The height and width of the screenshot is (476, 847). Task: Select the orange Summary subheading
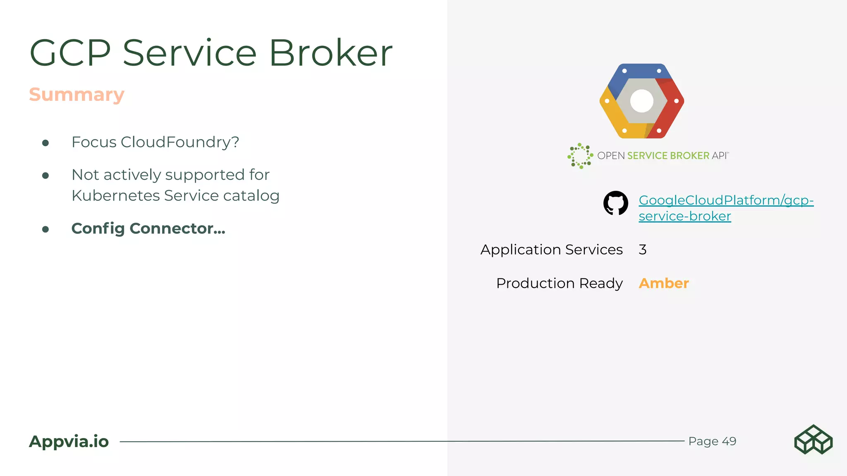point(77,95)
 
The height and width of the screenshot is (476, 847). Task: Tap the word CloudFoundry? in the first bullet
point(180,142)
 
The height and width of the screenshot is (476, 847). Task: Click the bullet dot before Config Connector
point(45,229)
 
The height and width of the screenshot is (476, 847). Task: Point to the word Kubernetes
point(115,196)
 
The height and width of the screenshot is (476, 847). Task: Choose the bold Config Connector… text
point(148,228)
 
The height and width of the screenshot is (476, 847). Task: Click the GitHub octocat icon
point(615,203)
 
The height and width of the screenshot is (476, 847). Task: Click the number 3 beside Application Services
point(642,250)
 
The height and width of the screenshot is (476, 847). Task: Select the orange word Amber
point(663,283)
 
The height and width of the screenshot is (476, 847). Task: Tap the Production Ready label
point(559,283)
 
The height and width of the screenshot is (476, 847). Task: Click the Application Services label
point(551,250)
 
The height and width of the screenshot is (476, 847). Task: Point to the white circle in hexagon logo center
point(641,101)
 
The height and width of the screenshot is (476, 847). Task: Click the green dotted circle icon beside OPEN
point(580,156)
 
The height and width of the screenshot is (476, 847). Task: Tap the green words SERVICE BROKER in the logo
point(668,156)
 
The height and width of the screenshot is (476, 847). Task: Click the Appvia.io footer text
point(69,441)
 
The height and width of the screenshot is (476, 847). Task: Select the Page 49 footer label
point(712,441)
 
